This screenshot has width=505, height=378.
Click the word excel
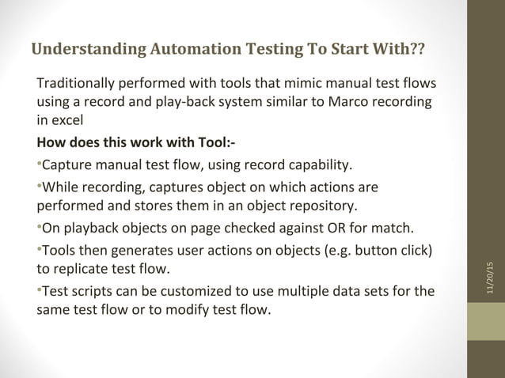67,122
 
